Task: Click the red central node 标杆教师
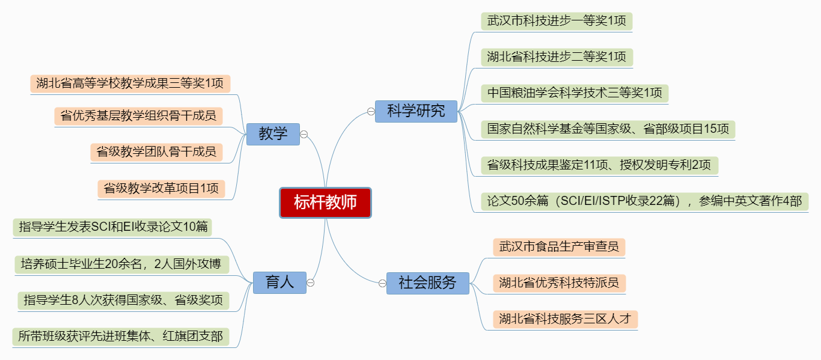pyautogui.click(x=325, y=203)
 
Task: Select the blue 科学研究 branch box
pyautogui.click(x=416, y=111)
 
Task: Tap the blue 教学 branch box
pyautogui.click(x=273, y=134)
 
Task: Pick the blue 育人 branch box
pyautogui.click(x=280, y=282)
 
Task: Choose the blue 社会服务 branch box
pyautogui.click(x=427, y=282)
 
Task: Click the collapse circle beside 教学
pyautogui.click(x=304, y=134)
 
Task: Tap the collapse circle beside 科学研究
pyautogui.click(x=371, y=111)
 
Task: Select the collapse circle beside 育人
pyautogui.click(x=311, y=282)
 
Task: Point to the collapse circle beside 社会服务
pyautogui.click(x=383, y=283)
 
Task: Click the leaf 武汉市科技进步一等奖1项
pyautogui.click(x=557, y=21)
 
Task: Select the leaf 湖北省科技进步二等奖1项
pyautogui.click(x=557, y=57)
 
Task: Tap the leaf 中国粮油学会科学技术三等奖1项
pyautogui.click(x=575, y=93)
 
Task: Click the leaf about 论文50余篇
pyautogui.click(x=644, y=201)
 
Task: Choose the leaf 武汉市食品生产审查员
pyautogui.click(x=559, y=246)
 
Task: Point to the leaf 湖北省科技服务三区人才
pyautogui.click(x=565, y=319)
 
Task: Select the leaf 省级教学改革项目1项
pyautogui.click(x=161, y=188)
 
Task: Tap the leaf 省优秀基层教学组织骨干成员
pyautogui.click(x=138, y=115)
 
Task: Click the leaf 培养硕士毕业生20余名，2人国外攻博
pyautogui.click(x=121, y=264)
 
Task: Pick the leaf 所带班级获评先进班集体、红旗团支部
pyautogui.click(x=120, y=337)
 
